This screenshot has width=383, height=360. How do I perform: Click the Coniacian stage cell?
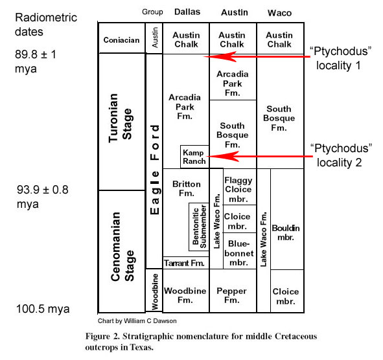122,38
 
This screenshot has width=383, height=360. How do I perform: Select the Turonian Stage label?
121,118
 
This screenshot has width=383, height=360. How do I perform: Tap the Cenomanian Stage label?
122,247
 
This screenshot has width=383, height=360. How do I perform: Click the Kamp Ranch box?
194,157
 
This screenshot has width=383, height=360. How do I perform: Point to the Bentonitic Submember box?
199,227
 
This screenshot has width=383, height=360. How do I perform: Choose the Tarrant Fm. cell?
186,263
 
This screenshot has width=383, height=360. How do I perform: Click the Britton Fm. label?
187,188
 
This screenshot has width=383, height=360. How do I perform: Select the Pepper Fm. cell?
233,291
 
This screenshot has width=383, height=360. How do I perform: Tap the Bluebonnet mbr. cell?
240,251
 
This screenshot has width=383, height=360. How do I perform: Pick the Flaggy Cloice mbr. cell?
240,186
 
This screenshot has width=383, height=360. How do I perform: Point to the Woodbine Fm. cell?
186,291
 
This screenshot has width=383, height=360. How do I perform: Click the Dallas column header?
187,12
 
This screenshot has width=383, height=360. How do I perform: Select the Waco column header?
280,13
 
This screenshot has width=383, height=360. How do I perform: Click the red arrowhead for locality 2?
223,156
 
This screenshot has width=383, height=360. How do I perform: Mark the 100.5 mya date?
43,309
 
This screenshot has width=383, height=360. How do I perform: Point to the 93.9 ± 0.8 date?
42,196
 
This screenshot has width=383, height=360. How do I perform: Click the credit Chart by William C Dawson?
137,321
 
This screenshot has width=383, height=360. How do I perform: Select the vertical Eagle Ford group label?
154,170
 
